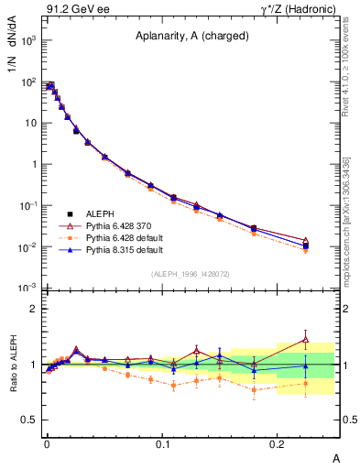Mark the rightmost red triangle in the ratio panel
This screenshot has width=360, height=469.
point(306,340)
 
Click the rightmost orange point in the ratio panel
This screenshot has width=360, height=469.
point(306,384)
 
